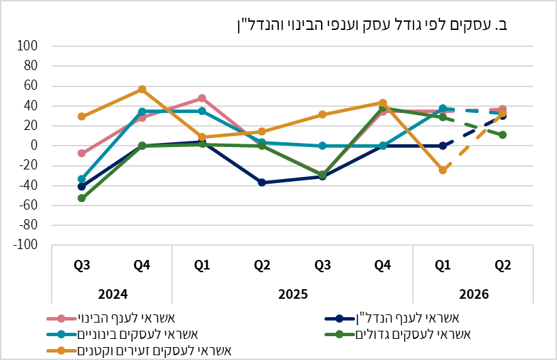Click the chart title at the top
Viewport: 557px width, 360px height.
pyautogui.click(x=371, y=25)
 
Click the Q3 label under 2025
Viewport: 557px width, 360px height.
pyautogui.click(x=322, y=266)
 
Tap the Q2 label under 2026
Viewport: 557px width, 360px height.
pyautogui.click(x=503, y=266)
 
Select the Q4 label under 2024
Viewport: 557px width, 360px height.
pyautogui.click(x=141, y=266)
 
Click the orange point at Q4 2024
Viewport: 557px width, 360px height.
pyautogui.click(x=142, y=89)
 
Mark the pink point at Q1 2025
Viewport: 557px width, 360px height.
pyautogui.click(x=202, y=99)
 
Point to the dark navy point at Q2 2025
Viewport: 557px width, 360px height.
pyautogui.click(x=262, y=182)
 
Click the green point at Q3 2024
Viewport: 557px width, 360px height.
pyautogui.click(x=82, y=198)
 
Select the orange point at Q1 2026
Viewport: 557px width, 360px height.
pyautogui.click(x=443, y=170)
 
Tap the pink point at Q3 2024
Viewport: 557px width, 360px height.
pyautogui.click(x=82, y=153)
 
